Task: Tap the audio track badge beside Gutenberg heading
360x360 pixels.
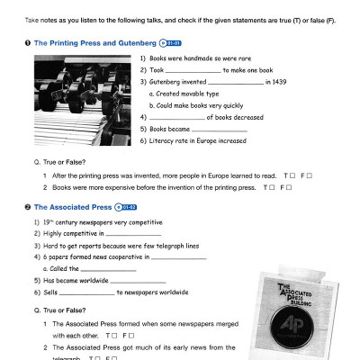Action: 170,42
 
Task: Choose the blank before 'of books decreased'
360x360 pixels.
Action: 176,118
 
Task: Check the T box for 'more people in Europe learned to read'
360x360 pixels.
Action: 291,175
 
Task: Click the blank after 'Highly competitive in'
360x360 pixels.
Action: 133,232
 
